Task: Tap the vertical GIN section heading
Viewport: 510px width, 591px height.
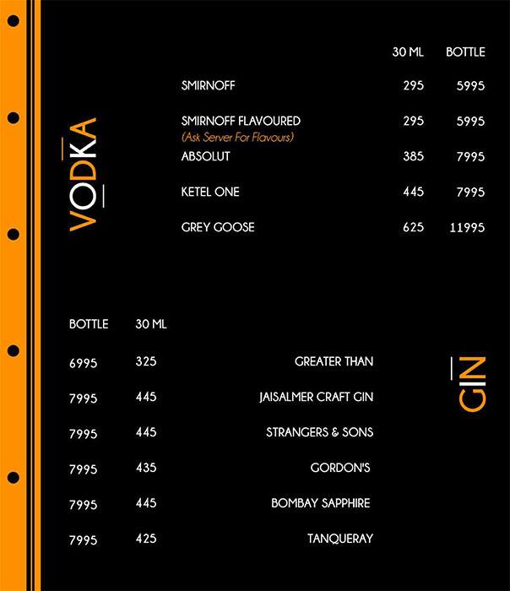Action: coord(473,383)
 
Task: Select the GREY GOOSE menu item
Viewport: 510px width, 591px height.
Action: coord(218,227)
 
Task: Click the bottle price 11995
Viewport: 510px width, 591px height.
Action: coord(465,228)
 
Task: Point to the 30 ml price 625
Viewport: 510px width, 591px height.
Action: coord(413,228)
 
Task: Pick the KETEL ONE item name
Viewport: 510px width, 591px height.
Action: coord(210,192)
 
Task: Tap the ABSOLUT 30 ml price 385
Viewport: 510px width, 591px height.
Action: coord(413,157)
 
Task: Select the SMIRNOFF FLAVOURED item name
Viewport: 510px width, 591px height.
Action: coord(241,122)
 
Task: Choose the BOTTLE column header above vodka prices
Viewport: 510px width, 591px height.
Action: coord(465,52)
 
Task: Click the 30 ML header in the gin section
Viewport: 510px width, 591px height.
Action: coord(151,324)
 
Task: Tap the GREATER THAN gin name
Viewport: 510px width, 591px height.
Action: coord(334,361)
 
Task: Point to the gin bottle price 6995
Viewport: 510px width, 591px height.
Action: coord(84,363)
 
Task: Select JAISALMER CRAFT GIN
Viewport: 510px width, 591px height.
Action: coord(316,397)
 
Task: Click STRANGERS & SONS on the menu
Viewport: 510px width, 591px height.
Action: coord(319,432)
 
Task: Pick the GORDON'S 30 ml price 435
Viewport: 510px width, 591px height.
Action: coord(145,468)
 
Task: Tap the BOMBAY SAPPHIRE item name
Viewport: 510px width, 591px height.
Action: coord(320,503)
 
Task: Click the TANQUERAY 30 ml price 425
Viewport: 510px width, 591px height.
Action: coord(145,539)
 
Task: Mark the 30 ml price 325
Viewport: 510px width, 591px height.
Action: coord(145,361)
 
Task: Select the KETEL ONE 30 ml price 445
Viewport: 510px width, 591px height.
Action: coord(413,192)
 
